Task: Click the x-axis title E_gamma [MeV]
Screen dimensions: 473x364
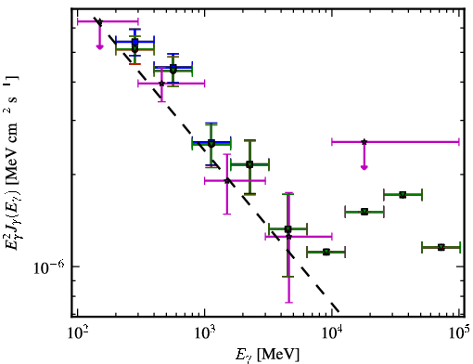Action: pyautogui.click(x=267, y=355)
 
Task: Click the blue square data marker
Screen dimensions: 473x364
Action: pyautogui.click(x=134, y=42)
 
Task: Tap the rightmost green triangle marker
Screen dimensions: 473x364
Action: pyautogui.click(x=441, y=247)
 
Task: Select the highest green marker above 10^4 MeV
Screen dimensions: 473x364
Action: pyautogui.click(x=403, y=195)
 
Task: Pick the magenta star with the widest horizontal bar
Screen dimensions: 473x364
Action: pyautogui.click(x=364, y=142)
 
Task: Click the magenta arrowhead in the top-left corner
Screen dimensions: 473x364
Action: pyautogui.click(x=99, y=47)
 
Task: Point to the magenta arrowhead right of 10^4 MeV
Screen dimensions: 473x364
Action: pyautogui.click(x=364, y=167)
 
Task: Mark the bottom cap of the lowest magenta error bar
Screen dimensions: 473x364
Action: pyautogui.click(x=288, y=302)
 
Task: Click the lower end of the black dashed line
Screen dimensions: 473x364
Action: pyautogui.click(x=339, y=311)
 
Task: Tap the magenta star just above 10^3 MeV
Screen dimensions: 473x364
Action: pyautogui.click(x=227, y=180)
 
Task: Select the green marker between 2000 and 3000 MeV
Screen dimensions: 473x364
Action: pyautogui.click(x=249, y=164)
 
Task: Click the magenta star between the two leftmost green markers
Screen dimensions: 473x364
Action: pyautogui.click(x=161, y=83)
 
